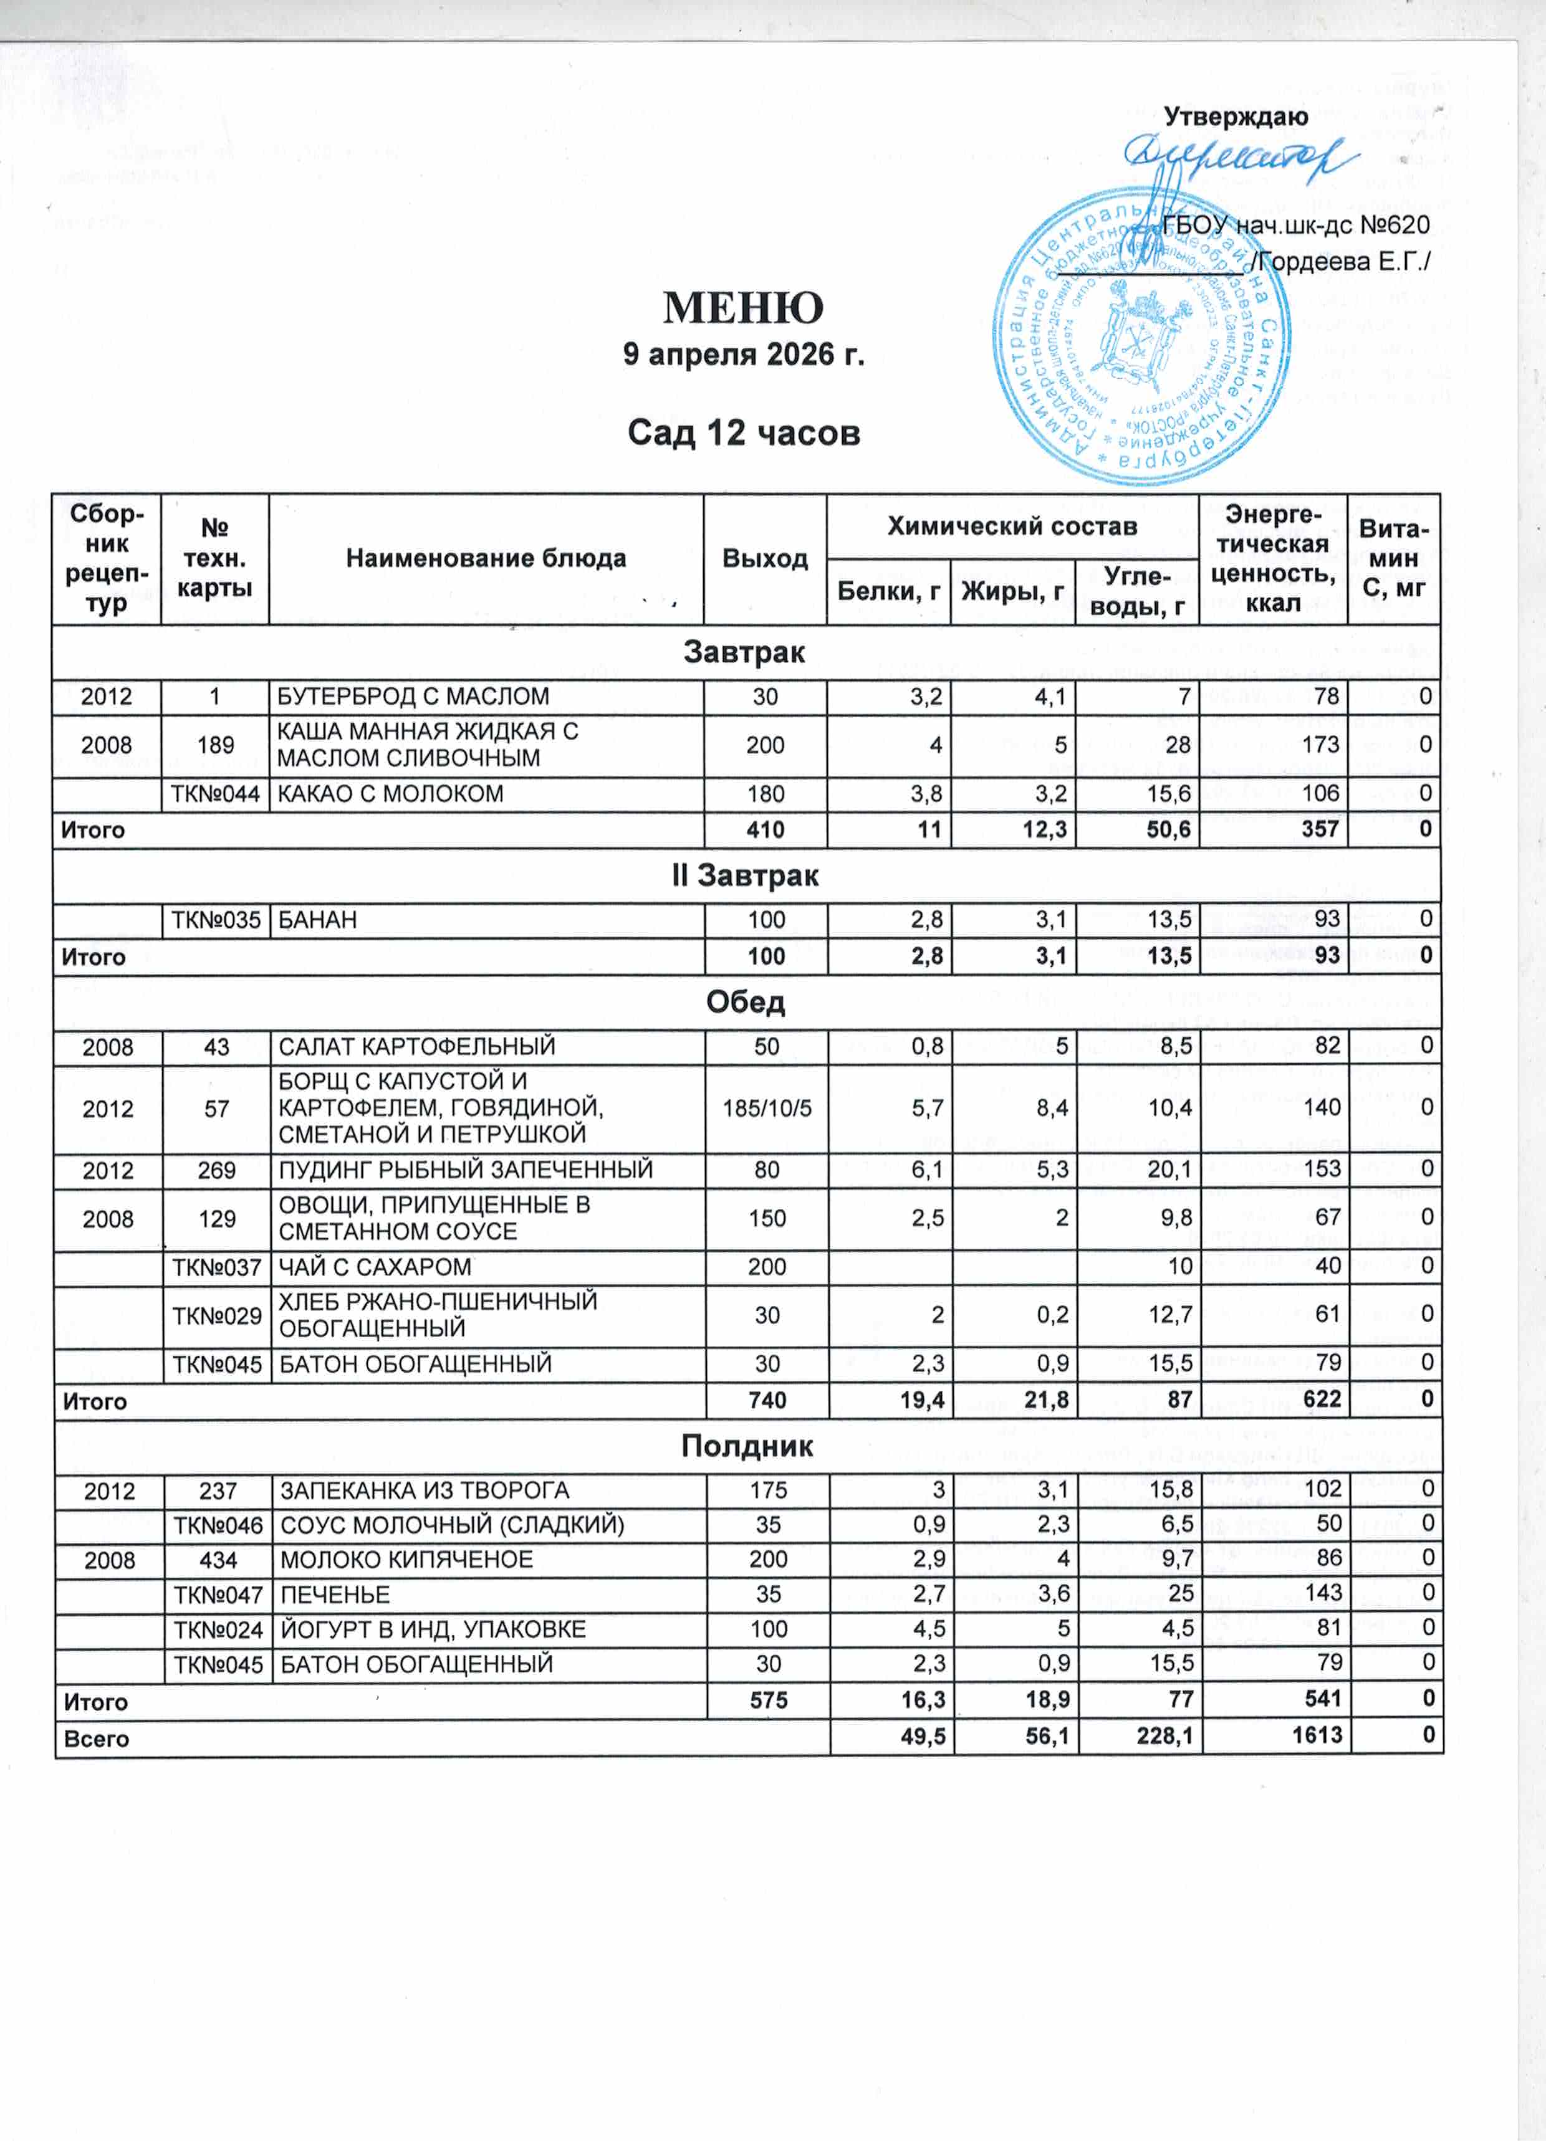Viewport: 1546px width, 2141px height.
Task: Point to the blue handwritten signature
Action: point(1237,156)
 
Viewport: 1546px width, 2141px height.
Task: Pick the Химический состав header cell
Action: point(1012,527)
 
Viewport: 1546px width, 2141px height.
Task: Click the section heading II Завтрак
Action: point(744,876)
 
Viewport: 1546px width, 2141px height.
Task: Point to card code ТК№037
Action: point(216,1267)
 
